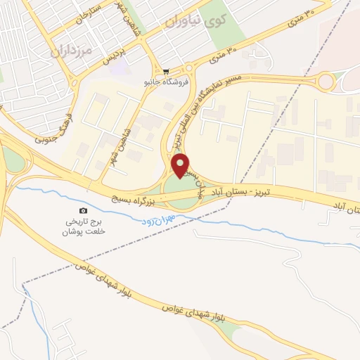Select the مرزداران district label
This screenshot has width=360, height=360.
pyautogui.click(x=72, y=51)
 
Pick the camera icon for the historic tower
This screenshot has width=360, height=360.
pyautogui.click(x=84, y=210)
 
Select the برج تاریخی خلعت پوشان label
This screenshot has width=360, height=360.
pyautogui.click(x=84, y=226)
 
